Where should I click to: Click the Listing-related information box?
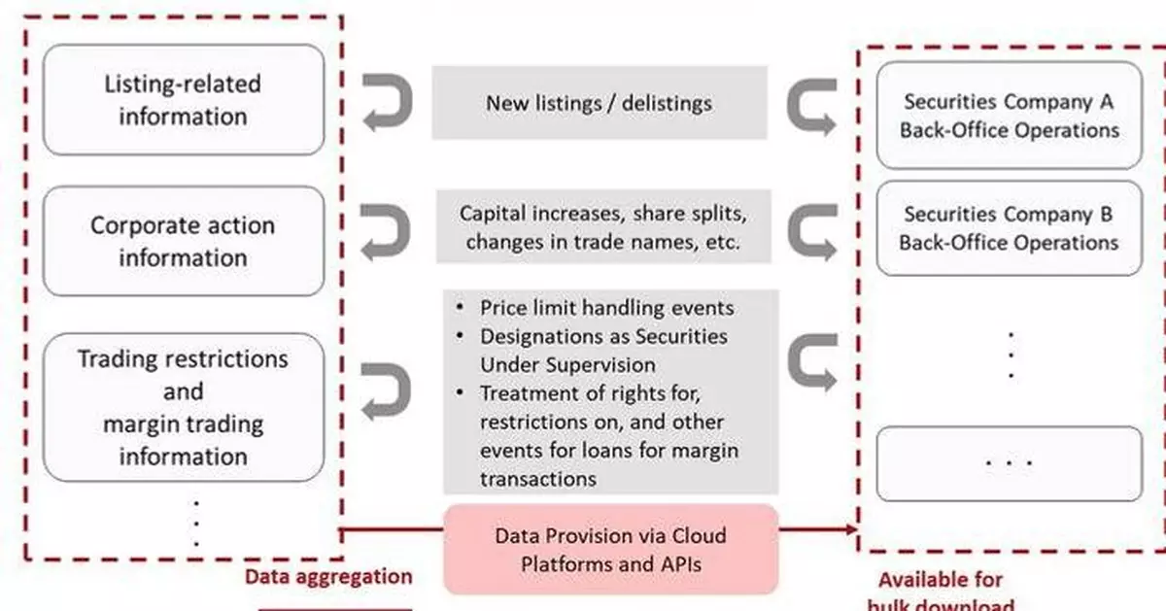[x=183, y=99]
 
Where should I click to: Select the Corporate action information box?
[x=183, y=241]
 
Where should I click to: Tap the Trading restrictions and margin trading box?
[x=183, y=407]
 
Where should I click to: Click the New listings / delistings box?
[x=599, y=102]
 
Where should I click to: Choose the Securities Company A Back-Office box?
[x=1009, y=116]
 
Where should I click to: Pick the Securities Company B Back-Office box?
[x=1009, y=227]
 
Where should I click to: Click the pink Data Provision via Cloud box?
[x=610, y=549]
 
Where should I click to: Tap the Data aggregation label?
[x=328, y=577]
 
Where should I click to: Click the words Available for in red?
[x=940, y=580]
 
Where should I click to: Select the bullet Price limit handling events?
[x=606, y=308]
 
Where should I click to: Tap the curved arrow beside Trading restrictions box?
[x=387, y=390]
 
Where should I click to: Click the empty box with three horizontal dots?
[x=1009, y=463]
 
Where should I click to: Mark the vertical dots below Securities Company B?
[x=1011, y=355]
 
